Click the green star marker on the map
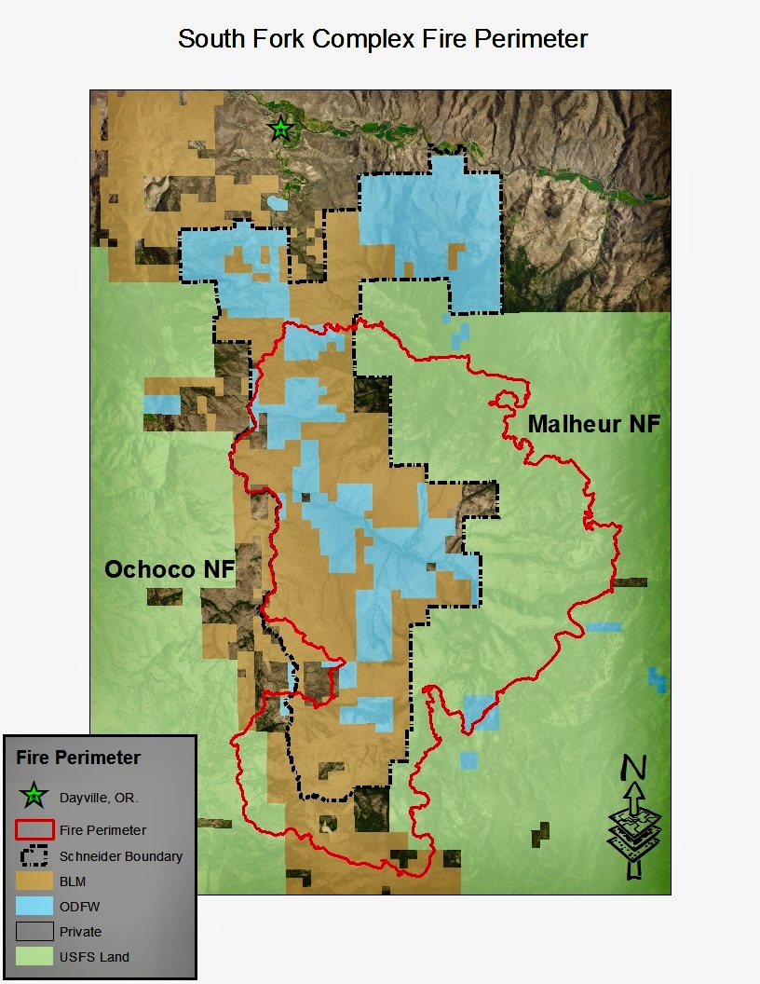280,129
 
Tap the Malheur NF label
594,424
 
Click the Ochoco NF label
169,569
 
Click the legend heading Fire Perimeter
78,758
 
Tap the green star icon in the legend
34,796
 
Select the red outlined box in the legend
34,829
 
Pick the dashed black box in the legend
34,855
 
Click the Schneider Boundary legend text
120,856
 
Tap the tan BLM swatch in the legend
34,881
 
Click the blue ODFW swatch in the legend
34,906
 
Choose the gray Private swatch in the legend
34,931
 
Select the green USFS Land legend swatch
34,956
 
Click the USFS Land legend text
94,957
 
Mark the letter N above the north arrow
634,768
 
